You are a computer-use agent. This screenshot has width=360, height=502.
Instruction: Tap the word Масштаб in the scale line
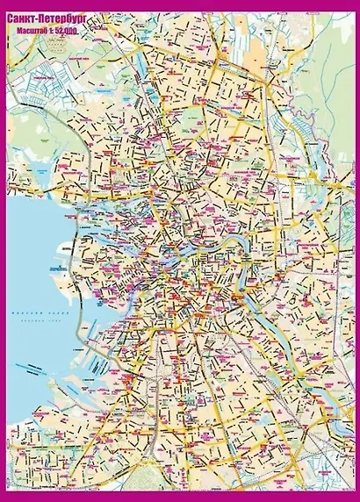pyautogui.click(x=34, y=31)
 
